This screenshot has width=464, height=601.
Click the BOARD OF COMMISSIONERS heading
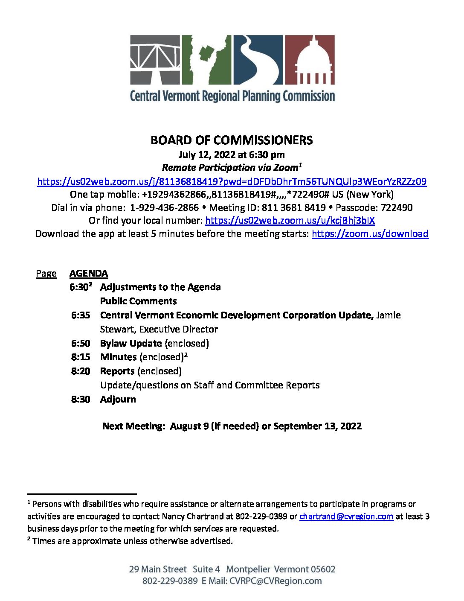[x=232, y=140]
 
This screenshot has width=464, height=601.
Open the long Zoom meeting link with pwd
[x=232, y=181]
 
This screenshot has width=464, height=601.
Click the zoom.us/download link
[x=370, y=233]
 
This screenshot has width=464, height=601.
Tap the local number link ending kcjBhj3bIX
[x=290, y=220]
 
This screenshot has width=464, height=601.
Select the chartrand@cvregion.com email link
[x=346, y=516]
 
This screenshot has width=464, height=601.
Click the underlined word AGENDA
[x=89, y=273]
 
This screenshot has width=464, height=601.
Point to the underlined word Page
[x=46, y=273]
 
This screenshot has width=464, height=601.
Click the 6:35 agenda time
[x=81, y=315]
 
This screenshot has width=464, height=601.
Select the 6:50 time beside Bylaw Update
[x=81, y=343]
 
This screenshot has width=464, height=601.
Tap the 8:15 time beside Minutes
[x=81, y=357]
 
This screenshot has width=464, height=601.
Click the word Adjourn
[x=118, y=399]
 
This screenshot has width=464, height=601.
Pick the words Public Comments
[x=138, y=301]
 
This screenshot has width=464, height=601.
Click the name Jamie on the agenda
[x=388, y=315]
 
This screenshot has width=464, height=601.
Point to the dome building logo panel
[x=309, y=60]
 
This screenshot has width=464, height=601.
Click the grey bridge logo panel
[x=155, y=60]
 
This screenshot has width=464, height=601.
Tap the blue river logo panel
[x=258, y=60]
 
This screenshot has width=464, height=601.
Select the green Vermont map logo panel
[x=206, y=60]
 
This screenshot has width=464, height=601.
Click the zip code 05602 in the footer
[x=323, y=569]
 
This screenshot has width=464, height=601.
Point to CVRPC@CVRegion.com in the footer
[x=275, y=581]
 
